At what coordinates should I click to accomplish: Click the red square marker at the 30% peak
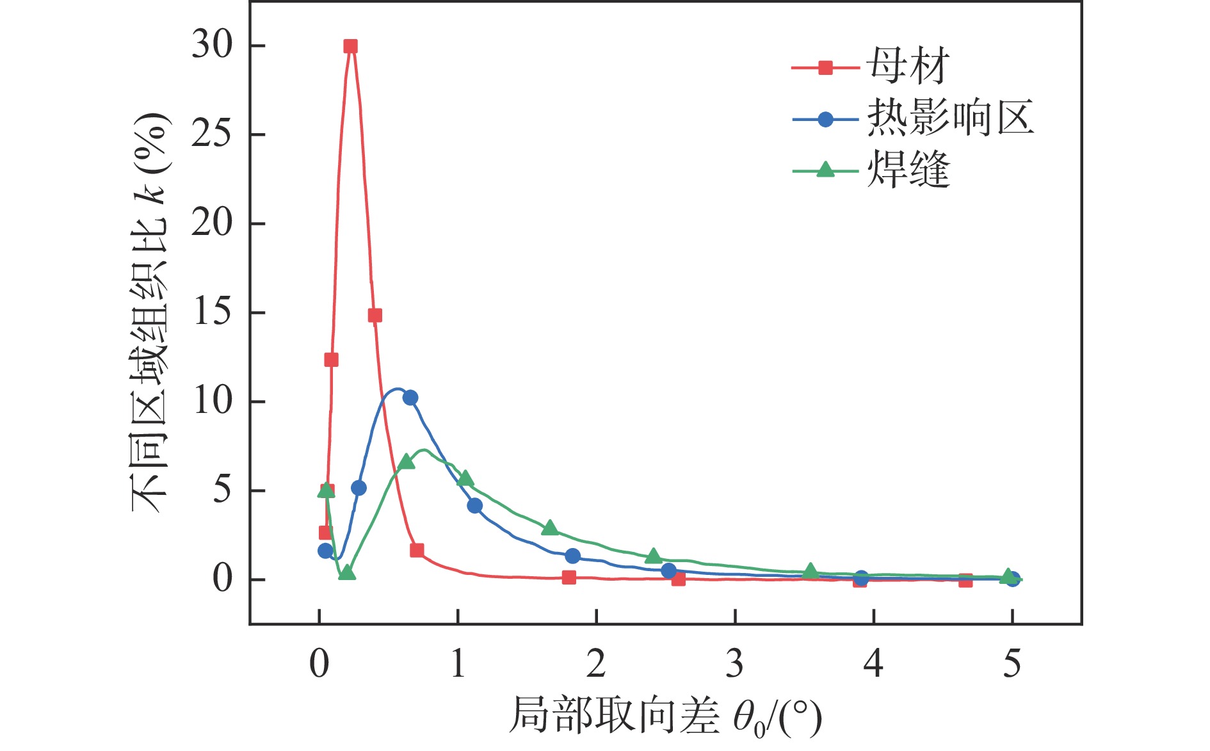coord(350,46)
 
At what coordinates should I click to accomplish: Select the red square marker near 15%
coord(375,316)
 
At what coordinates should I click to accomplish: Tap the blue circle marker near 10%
coord(410,398)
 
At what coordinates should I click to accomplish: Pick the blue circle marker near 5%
coord(359,488)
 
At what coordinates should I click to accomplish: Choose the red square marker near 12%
coord(331,360)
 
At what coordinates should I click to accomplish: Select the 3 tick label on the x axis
coord(735,664)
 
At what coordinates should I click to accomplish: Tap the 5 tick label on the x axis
coord(1012,664)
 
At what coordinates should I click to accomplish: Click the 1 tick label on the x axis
coord(458,664)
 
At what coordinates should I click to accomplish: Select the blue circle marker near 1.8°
coord(573,556)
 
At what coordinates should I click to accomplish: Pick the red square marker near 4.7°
coord(965,580)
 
